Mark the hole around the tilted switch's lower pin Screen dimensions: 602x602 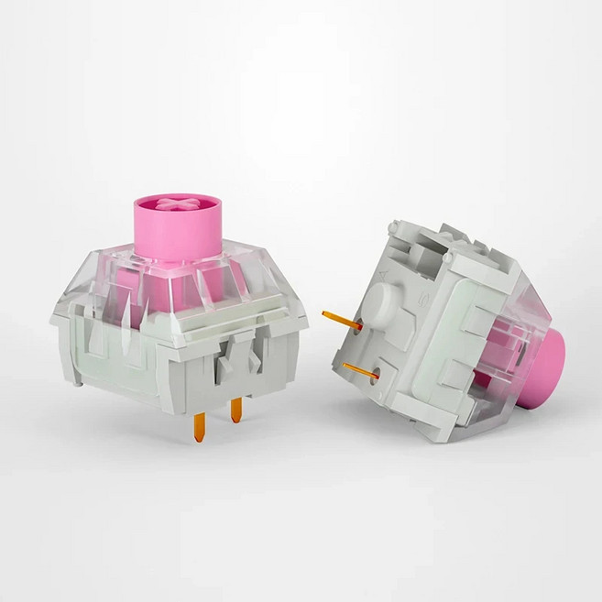pos(375,372)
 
